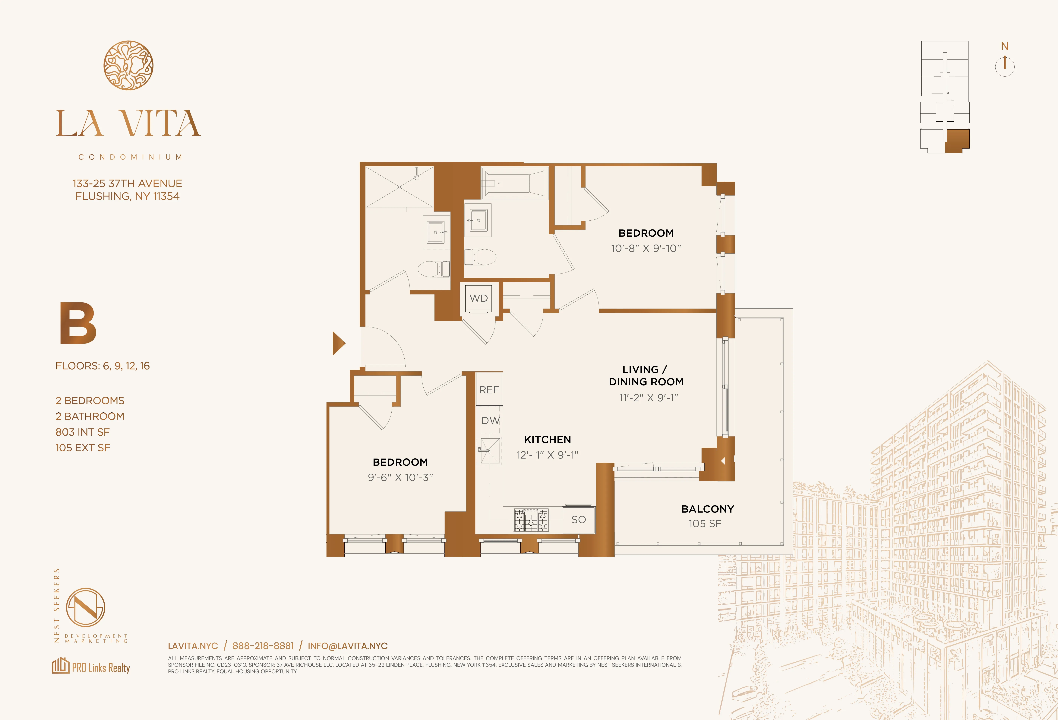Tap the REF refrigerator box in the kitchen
(x=489, y=390)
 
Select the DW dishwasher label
(x=490, y=421)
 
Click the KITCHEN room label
(x=547, y=439)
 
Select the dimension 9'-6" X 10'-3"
(x=400, y=477)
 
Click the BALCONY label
(x=707, y=509)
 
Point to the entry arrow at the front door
(x=338, y=343)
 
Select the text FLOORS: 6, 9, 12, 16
(x=103, y=366)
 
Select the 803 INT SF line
(x=82, y=432)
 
